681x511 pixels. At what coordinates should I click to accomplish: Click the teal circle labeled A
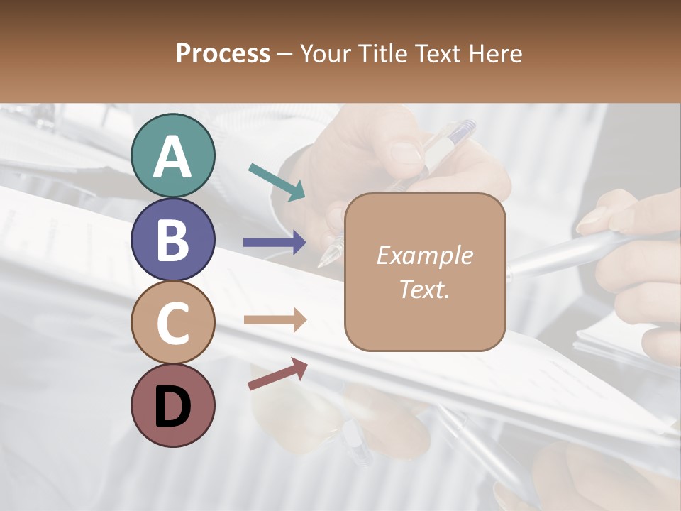[x=172, y=155]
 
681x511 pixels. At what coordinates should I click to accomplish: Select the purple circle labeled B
[x=172, y=239]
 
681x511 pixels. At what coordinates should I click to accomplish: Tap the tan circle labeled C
[x=172, y=322]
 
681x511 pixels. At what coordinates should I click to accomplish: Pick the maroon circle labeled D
[x=172, y=405]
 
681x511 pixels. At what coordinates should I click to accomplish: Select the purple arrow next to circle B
[x=275, y=243]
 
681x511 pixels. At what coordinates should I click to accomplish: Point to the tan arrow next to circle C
[x=275, y=320]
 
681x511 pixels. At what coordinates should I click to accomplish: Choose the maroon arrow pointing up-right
[x=277, y=373]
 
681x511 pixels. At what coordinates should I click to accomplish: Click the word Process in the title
[x=223, y=54]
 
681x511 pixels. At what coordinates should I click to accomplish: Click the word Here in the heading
[x=496, y=54]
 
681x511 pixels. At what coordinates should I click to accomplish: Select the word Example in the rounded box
[x=424, y=255]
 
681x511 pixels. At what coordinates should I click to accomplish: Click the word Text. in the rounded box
[x=424, y=289]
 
